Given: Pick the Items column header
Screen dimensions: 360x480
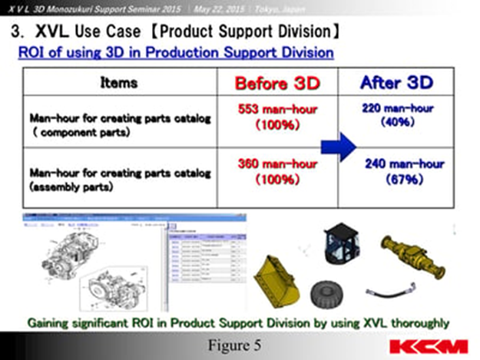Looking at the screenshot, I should (118, 82).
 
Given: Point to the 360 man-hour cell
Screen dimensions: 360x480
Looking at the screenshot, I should (277, 172).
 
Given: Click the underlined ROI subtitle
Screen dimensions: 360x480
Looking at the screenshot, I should (176, 53).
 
